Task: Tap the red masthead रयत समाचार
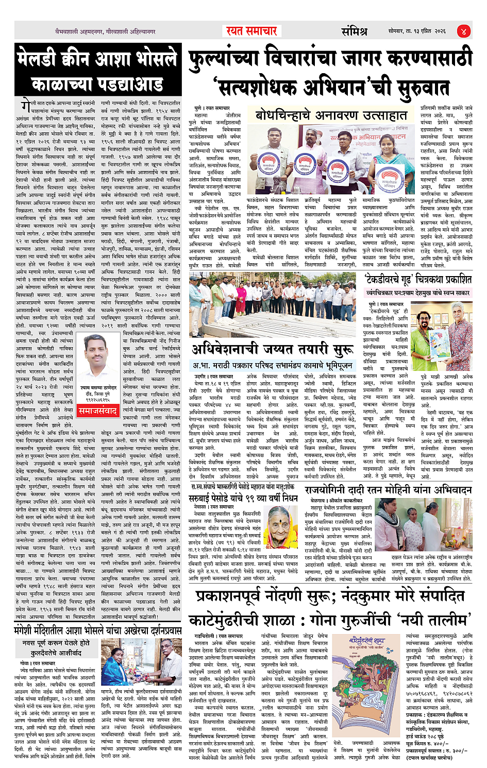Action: pyautogui.click(x=251, y=31)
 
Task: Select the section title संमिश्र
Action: pyautogui.click(x=355, y=31)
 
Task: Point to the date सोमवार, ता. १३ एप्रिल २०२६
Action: pyautogui.click(x=417, y=31)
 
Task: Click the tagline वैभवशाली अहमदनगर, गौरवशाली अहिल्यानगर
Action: pyautogui.click(x=106, y=31)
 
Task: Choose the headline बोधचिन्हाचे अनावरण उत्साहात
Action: pyautogui.click(x=331, y=114)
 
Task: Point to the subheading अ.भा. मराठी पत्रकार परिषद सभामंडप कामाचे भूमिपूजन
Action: pyautogui.click(x=273, y=365)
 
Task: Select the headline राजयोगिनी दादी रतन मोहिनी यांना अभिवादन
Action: pyautogui.click(x=388, y=489)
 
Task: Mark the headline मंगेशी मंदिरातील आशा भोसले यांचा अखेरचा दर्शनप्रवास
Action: pyautogui.click(x=98, y=630)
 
